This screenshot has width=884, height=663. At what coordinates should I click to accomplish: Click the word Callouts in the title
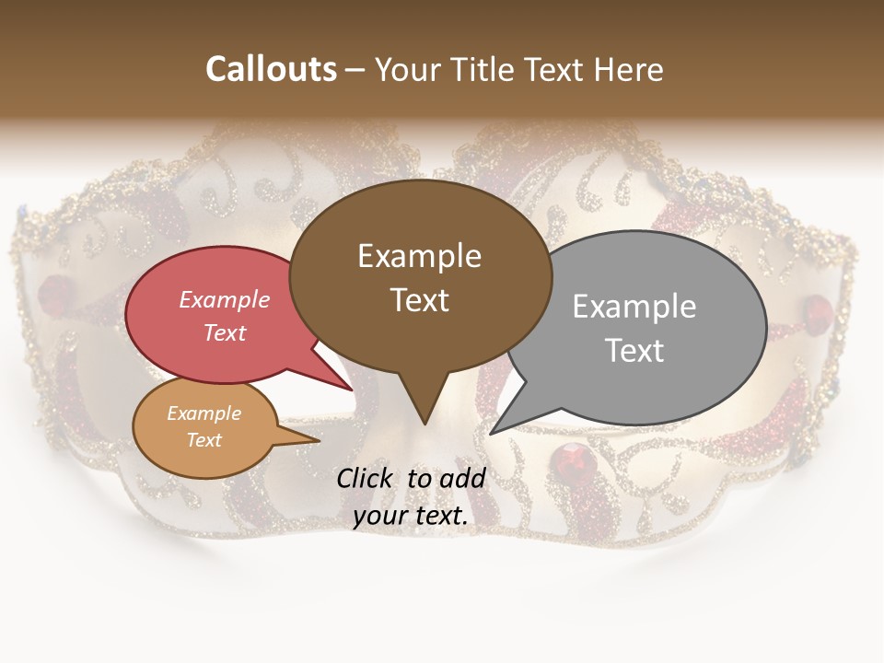(x=271, y=69)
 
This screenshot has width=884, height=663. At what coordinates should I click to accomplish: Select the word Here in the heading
(x=628, y=70)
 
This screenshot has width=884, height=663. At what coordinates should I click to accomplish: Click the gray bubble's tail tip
(x=492, y=433)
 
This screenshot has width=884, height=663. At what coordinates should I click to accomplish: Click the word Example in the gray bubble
(x=634, y=307)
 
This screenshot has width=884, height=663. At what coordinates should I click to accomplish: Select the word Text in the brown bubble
(x=420, y=300)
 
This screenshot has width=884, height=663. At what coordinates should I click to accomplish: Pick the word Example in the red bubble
(x=224, y=299)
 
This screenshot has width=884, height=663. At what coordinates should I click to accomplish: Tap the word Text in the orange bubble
(x=204, y=440)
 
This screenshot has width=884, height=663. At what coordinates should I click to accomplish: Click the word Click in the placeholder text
(x=366, y=478)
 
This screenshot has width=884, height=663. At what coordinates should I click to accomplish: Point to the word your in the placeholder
(x=380, y=517)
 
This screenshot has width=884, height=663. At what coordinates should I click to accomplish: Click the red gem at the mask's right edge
(x=816, y=308)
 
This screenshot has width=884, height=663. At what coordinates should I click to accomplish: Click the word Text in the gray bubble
(x=634, y=351)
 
